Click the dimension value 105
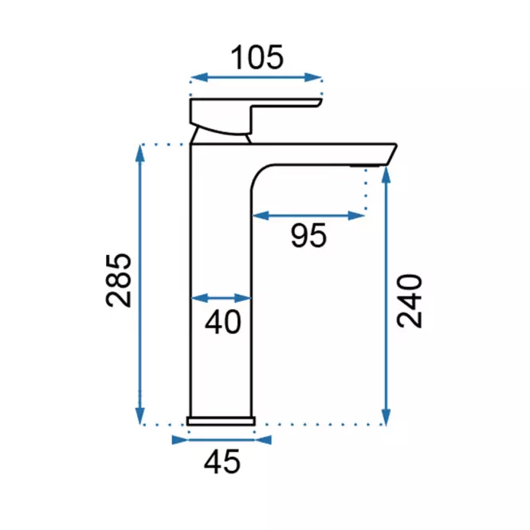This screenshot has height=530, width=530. [x=257, y=57]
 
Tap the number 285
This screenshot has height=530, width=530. [x=118, y=281]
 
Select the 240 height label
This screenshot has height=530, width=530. [x=410, y=300]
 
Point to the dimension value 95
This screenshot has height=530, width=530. [x=308, y=235]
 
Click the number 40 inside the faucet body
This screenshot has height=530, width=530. [x=223, y=322]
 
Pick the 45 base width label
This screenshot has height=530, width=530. [x=222, y=461]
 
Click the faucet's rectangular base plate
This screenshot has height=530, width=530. [x=221, y=421]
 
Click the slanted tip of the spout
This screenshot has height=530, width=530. [x=391, y=155]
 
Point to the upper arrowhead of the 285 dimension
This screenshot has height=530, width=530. [x=140, y=153]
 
